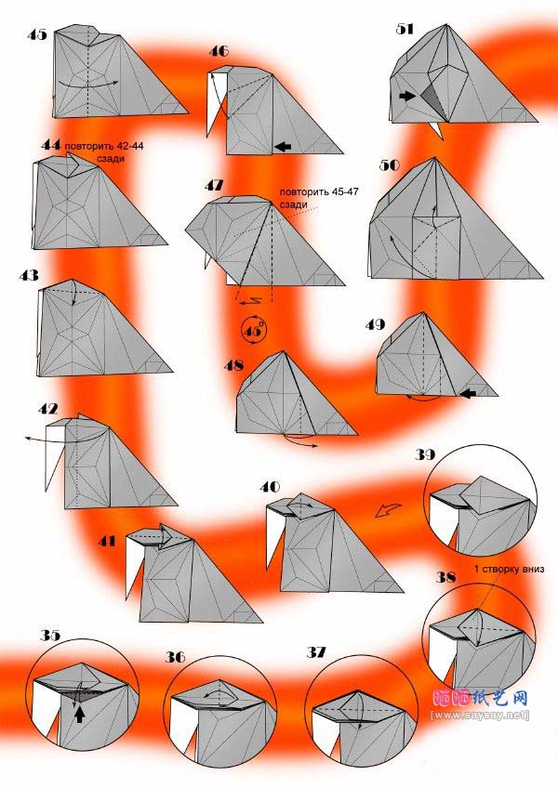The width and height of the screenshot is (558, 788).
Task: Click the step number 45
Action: pyautogui.click(x=36, y=34)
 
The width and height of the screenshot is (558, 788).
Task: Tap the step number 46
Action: pyautogui.click(x=219, y=51)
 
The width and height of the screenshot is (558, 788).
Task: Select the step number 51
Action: pyautogui.click(x=405, y=29)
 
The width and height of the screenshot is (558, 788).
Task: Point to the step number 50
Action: pyautogui.click(x=390, y=164)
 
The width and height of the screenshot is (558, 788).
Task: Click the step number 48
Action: pyautogui.click(x=233, y=365)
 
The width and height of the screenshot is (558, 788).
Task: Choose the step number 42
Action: pyautogui.click(x=47, y=409)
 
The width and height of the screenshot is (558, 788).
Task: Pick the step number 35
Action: pyautogui.click(x=50, y=636)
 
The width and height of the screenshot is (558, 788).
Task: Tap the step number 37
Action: pyautogui.click(x=316, y=652)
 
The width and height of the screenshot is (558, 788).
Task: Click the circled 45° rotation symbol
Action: pyautogui.click(x=254, y=330)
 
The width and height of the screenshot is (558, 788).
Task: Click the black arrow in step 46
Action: pyautogui.click(x=284, y=146)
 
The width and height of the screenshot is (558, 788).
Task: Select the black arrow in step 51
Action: pyautogui.click(x=408, y=96)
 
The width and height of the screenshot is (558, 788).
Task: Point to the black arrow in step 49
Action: pyautogui.click(x=468, y=393)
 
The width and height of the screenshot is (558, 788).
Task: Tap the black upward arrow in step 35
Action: pyautogui.click(x=79, y=714)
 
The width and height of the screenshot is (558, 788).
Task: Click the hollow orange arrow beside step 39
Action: pyautogui.click(x=388, y=510)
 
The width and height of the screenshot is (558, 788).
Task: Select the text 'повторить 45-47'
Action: pyautogui.click(x=318, y=191)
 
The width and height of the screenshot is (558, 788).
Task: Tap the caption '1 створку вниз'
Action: pyautogui.click(x=510, y=569)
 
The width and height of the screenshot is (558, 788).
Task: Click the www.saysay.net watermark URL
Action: pyautogui.click(x=480, y=715)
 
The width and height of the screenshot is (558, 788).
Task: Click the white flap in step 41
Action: pyautogui.click(x=134, y=567)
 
